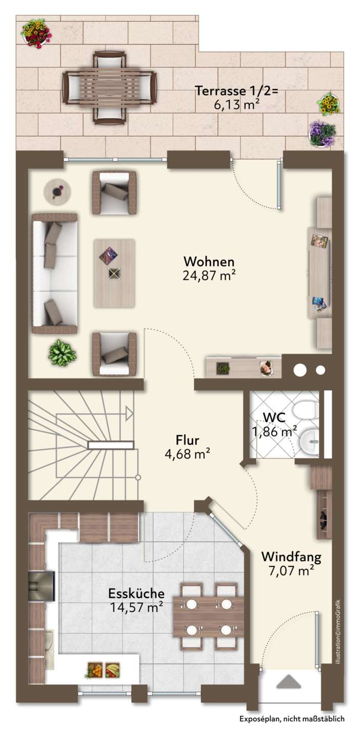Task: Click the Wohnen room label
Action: (x=209, y=261)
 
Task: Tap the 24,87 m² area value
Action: (x=209, y=275)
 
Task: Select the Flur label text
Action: (x=187, y=440)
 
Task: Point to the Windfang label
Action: (x=291, y=557)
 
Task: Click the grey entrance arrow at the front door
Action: (x=289, y=681)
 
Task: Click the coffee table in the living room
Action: (x=114, y=274)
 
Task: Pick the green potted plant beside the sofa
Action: (x=62, y=353)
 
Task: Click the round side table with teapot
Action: (x=57, y=191)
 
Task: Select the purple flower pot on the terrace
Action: (x=322, y=133)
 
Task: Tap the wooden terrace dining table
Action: (x=110, y=87)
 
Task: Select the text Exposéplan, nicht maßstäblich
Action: (x=292, y=728)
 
